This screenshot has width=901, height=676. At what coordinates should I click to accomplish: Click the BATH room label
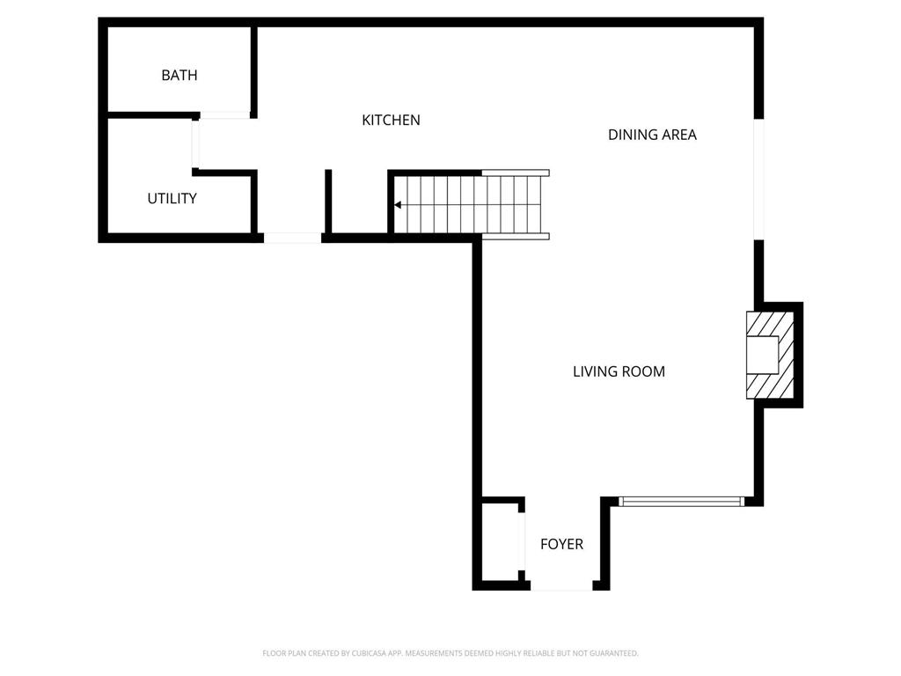click(x=179, y=76)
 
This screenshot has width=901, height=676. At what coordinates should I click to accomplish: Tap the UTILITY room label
click(x=172, y=198)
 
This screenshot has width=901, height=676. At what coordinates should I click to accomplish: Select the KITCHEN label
click(x=391, y=120)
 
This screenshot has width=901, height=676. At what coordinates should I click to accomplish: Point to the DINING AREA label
click(x=652, y=135)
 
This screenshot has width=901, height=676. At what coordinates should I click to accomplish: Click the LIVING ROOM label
click(x=619, y=371)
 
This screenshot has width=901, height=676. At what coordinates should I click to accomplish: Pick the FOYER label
click(x=561, y=544)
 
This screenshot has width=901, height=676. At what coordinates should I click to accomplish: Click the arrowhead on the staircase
click(x=398, y=204)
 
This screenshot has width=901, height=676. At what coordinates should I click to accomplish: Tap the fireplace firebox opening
click(x=762, y=355)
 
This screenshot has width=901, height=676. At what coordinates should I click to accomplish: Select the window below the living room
click(x=681, y=502)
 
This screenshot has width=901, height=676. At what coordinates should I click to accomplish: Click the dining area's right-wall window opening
click(x=759, y=179)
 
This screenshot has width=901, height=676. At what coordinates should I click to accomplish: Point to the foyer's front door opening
click(x=561, y=585)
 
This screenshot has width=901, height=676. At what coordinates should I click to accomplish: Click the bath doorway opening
click(x=224, y=115)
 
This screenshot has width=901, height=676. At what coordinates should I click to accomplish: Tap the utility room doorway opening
click(x=196, y=144)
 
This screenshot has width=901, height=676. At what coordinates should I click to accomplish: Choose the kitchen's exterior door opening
click(x=292, y=238)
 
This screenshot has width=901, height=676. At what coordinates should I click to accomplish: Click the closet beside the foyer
click(x=500, y=541)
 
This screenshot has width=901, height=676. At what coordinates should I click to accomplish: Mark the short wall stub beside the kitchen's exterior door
click(x=328, y=202)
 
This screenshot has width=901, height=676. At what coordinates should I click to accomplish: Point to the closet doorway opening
click(x=522, y=541)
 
